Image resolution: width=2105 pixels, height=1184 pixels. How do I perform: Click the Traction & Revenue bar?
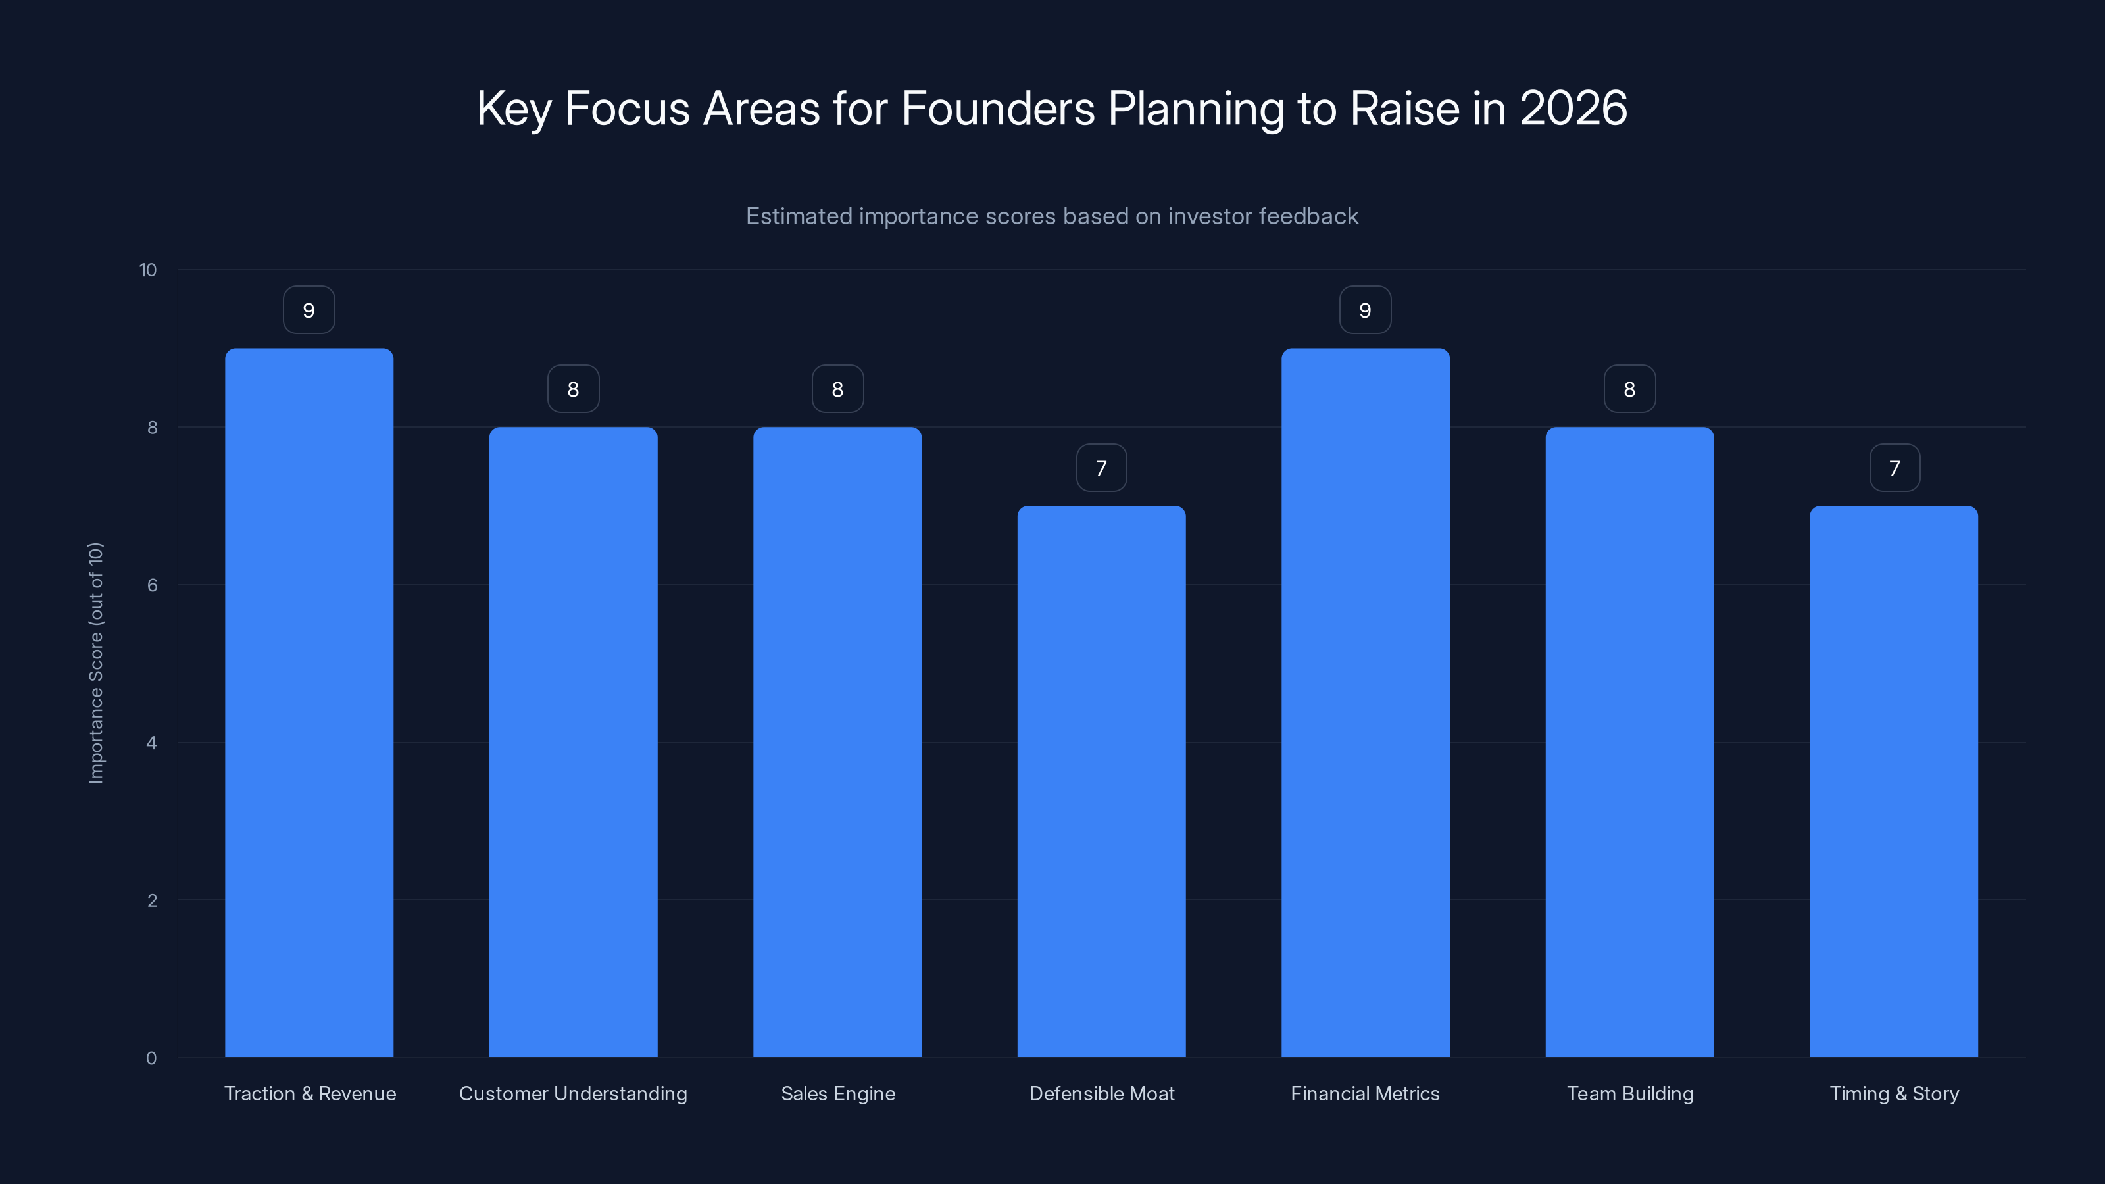click(x=309, y=703)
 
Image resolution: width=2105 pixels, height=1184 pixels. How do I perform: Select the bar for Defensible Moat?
click(x=1101, y=781)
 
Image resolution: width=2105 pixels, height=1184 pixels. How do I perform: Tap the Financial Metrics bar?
click(x=1365, y=703)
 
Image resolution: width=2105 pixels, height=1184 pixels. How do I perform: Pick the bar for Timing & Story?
click(x=1893, y=781)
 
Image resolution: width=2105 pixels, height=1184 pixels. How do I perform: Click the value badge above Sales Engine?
click(x=837, y=389)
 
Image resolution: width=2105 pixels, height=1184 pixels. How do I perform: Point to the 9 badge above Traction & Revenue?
click(x=309, y=310)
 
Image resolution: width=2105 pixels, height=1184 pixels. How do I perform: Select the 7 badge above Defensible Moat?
click(x=1101, y=468)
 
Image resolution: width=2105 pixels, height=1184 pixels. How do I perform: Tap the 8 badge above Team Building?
click(x=1629, y=389)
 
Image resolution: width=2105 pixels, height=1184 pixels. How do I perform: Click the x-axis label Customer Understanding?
click(x=573, y=1093)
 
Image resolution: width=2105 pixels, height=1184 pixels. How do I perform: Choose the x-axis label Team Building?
click(x=1629, y=1093)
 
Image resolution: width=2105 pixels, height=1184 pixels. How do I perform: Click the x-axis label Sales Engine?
click(x=837, y=1093)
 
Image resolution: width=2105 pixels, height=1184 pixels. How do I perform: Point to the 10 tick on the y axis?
click(x=148, y=270)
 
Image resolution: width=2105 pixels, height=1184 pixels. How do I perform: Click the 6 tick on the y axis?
click(x=152, y=585)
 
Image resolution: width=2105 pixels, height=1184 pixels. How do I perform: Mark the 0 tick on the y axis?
click(x=151, y=1058)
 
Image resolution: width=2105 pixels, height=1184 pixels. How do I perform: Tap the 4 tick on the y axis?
click(x=152, y=743)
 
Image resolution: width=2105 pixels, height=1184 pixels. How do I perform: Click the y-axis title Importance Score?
click(x=95, y=662)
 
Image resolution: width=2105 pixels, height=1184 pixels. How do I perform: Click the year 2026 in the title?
click(x=1573, y=108)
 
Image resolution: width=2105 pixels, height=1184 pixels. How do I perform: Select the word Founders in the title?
click(x=997, y=108)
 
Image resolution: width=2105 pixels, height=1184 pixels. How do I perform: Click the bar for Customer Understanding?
click(x=573, y=742)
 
